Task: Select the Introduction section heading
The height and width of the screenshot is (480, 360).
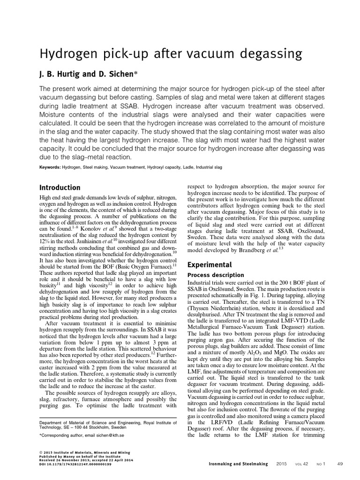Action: coord(60,187)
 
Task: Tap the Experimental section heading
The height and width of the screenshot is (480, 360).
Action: coord(210,264)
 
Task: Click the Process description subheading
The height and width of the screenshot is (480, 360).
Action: coord(216,275)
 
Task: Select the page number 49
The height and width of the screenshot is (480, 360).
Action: coord(340,464)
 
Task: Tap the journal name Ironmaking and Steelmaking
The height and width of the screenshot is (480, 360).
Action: coord(238,464)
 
